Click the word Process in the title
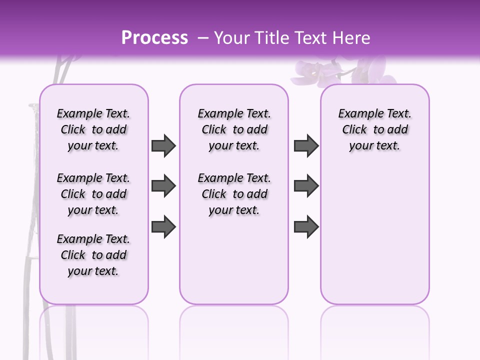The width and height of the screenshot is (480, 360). (x=154, y=38)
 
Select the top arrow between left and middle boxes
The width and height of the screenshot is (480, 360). (x=163, y=145)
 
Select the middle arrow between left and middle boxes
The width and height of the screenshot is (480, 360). (x=163, y=186)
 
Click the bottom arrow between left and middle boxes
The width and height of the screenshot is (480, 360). (x=163, y=226)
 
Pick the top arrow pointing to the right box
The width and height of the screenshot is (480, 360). (x=306, y=145)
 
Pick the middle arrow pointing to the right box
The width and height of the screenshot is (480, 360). (x=306, y=186)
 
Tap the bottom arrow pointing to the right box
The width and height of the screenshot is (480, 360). (x=306, y=226)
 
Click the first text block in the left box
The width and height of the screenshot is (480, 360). (x=93, y=129)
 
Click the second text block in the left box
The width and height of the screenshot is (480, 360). (x=93, y=194)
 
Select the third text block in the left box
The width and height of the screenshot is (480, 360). (x=93, y=255)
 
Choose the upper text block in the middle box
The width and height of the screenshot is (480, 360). (x=234, y=129)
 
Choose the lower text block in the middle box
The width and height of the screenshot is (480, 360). (x=234, y=194)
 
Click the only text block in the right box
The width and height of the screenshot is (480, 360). (x=374, y=129)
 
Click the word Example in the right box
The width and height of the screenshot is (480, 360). (x=357, y=114)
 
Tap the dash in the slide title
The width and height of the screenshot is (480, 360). (x=203, y=38)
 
